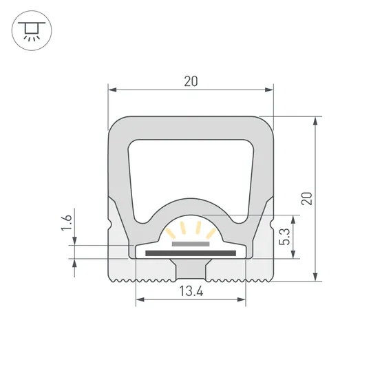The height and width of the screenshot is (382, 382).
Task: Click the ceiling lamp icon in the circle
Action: [x=30, y=30]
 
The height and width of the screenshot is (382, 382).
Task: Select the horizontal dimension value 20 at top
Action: [x=191, y=81]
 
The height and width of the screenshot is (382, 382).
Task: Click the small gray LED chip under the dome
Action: [x=191, y=243]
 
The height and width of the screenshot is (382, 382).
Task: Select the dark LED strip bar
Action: [x=191, y=253]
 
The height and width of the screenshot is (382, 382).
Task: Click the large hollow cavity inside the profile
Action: [x=191, y=169]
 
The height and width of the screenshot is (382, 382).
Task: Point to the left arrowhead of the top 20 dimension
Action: [x=113, y=89]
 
